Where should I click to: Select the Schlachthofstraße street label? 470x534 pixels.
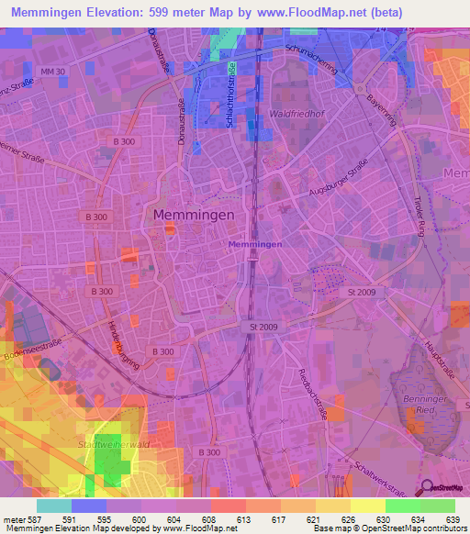click(231, 95)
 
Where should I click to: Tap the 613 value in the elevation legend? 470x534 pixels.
click(243, 518)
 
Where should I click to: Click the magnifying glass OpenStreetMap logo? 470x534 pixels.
click(427, 488)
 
